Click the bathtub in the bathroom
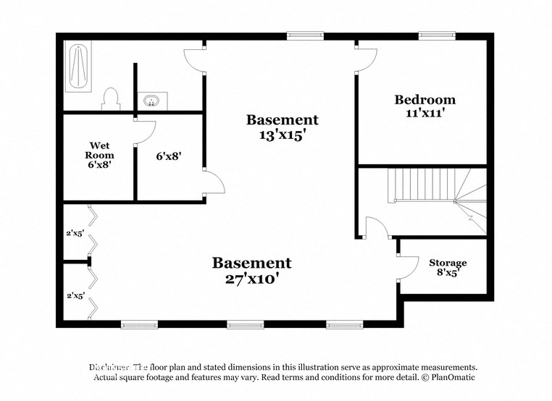tap(78, 67)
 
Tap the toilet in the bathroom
tap(111, 98)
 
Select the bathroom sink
tap(151, 100)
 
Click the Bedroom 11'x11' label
tap(425, 106)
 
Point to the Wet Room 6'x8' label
tap(99, 155)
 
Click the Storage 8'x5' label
tap(448, 268)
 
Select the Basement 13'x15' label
tap(282, 127)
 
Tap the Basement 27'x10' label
tap(251, 270)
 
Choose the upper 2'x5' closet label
tap(75, 233)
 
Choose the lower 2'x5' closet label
tap(75, 295)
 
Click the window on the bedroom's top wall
tap(437, 35)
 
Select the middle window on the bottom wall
tap(245, 324)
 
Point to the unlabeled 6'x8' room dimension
tap(168, 155)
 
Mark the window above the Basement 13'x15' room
tap(304, 35)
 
